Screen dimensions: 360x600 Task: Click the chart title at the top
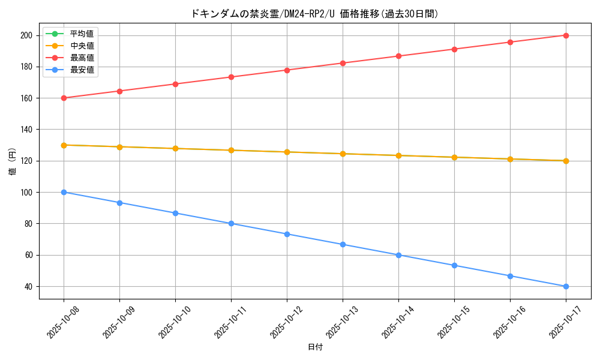(314, 14)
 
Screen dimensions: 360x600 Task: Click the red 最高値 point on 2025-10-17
(566, 35)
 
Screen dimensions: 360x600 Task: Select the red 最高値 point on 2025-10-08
(64, 98)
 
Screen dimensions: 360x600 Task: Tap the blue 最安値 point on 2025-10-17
(566, 286)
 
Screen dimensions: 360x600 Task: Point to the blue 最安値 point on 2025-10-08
(64, 192)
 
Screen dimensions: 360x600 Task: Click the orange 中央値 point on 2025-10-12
(287, 152)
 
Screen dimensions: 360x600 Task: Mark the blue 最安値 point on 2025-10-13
(343, 244)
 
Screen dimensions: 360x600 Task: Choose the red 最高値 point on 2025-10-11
(231, 77)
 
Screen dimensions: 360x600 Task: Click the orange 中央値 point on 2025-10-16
(510, 159)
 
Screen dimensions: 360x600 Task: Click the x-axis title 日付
(314, 347)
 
